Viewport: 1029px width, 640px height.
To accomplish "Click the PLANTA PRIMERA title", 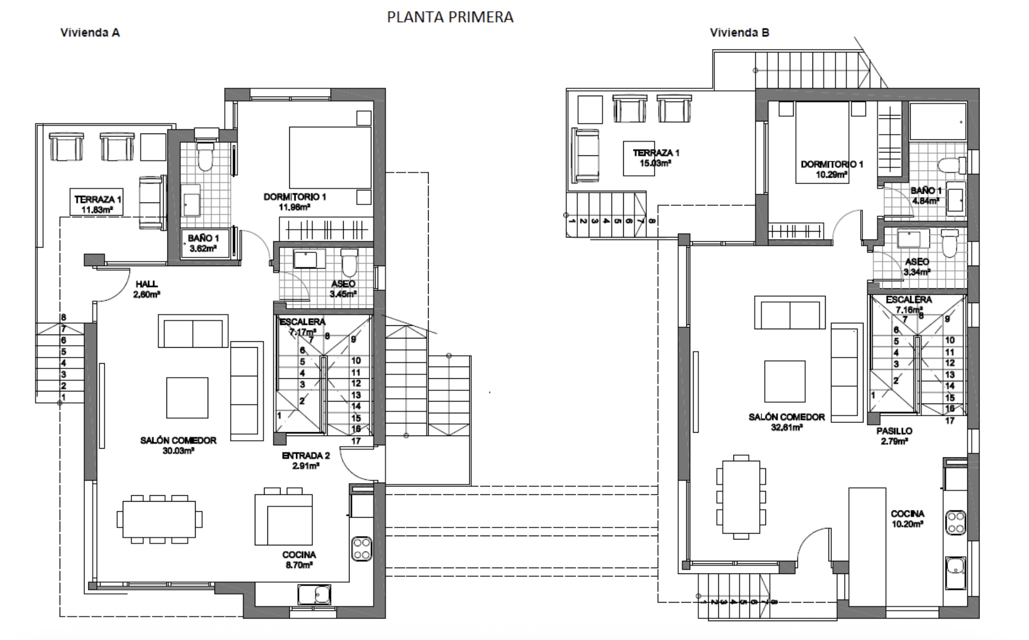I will [x=450, y=17].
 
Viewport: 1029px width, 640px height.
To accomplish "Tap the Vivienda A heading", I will [x=90, y=33].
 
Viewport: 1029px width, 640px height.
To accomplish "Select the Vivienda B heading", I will [x=739, y=33].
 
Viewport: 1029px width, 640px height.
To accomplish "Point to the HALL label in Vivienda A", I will [x=146, y=284].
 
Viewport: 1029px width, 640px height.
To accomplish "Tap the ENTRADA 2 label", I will [x=305, y=455].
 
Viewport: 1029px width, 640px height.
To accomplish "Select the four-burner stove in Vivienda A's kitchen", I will [x=362, y=549].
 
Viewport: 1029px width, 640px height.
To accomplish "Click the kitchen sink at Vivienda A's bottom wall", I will [x=315, y=594].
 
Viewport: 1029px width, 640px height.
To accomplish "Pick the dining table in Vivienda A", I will [x=159, y=519].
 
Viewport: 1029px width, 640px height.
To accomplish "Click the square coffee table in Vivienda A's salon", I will [x=187, y=398].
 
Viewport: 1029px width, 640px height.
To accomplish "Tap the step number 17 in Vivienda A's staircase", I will [x=356, y=441].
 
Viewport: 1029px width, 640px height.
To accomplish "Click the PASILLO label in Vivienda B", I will [x=894, y=431].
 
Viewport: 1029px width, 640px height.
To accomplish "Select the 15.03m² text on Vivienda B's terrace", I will [x=655, y=164].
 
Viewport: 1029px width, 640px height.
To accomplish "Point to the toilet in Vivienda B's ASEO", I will [x=949, y=244].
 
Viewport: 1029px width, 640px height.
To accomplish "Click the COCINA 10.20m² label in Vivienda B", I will [x=907, y=519].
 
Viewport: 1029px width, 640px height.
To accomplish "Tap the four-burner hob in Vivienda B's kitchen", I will [x=956, y=522].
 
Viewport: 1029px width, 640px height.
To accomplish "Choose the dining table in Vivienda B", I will [x=741, y=497].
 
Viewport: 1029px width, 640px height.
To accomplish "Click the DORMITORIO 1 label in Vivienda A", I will [x=295, y=197].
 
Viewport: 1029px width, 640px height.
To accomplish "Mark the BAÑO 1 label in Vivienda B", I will [x=926, y=190].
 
